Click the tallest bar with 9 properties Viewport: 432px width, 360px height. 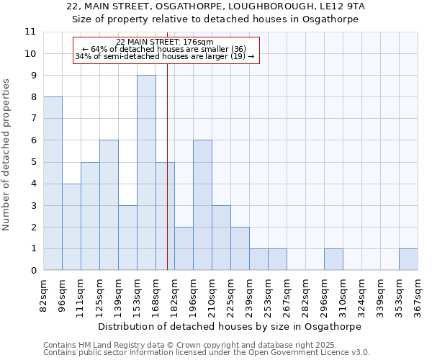[146, 173]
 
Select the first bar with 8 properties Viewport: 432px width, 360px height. [53, 184]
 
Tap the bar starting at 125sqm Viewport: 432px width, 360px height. [109, 205]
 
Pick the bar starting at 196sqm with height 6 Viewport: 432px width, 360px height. [202, 205]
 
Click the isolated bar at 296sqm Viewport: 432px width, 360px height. [333, 260]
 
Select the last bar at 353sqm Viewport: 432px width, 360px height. [408, 260]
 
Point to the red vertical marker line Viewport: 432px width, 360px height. [167, 180]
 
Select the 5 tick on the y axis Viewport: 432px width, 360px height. [32, 162]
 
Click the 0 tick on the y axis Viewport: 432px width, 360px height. [32, 271]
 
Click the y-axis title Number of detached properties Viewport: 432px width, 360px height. [7, 156]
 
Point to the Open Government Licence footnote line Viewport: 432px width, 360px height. [207, 353]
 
